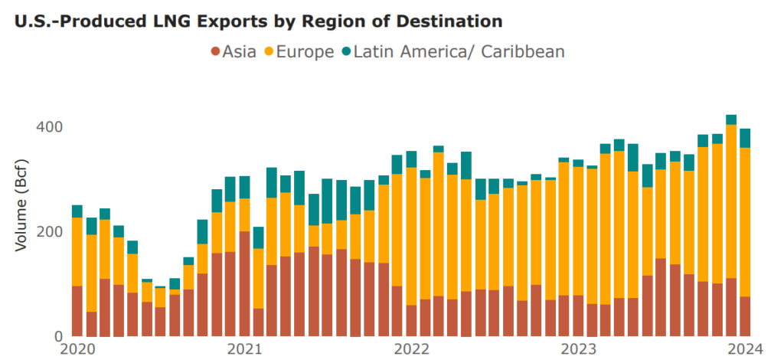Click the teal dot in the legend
click(x=348, y=52)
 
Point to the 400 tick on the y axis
click(x=50, y=126)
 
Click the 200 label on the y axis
click(x=50, y=231)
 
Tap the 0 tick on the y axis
click(x=57, y=336)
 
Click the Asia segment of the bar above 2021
click(x=244, y=283)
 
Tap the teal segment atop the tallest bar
click(x=731, y=119)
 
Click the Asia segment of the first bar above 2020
click(x=77, y=311)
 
